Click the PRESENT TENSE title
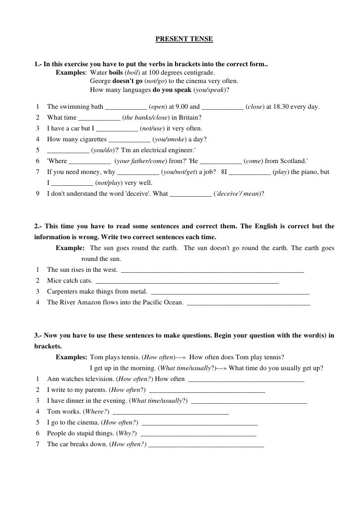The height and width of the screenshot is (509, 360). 184,38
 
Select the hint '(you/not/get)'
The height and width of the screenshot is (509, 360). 180,172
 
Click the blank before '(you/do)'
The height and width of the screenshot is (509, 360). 68,150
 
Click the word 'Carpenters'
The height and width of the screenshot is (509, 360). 63,292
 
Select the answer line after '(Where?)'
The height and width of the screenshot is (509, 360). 171,412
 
